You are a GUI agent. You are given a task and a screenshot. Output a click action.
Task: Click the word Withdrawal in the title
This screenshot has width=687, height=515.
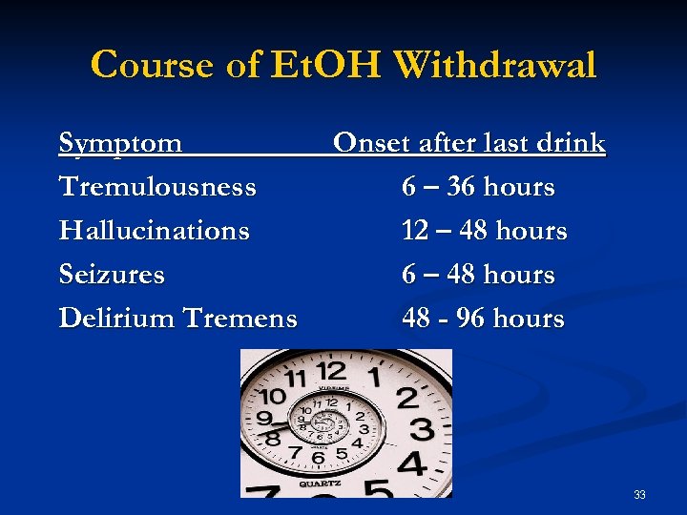point(494,65)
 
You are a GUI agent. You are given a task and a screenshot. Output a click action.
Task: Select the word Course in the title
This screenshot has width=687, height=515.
point(153,65)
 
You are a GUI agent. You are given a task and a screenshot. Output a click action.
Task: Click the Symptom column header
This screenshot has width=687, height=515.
point(120,143)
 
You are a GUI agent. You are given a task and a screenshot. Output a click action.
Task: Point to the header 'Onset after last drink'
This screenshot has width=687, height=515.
point(468,143)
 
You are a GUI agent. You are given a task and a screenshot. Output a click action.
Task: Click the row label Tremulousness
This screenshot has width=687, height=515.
point(157,187)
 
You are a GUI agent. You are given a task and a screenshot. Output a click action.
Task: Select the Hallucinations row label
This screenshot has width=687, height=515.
point(154,231)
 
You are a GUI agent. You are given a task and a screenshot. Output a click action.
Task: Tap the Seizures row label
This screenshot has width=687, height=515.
point(112,275)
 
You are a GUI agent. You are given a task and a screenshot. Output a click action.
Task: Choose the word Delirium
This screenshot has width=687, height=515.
point(114,319)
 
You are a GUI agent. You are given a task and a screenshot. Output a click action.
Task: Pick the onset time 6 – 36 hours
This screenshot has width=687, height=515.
point(478,187)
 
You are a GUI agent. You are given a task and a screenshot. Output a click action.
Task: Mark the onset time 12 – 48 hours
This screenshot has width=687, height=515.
point(484,231)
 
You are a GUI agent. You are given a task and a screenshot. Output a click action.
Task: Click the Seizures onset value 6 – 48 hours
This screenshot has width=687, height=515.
point(478,275)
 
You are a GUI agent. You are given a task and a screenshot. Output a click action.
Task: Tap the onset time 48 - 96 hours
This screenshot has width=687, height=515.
point(483,319)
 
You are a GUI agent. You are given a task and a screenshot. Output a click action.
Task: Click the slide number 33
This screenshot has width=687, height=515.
point(639,494)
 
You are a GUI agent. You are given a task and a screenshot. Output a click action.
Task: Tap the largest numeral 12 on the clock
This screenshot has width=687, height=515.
point(331,371)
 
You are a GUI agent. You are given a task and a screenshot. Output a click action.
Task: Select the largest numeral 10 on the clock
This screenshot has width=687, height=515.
point(275,396)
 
